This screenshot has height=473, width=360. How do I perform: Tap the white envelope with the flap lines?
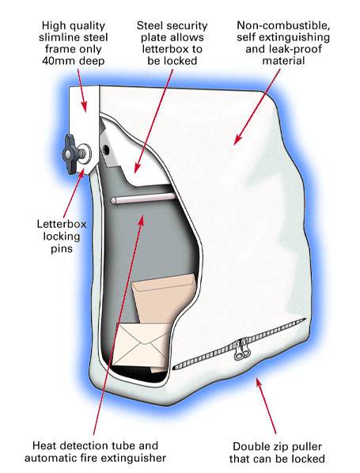[x=142, y=344]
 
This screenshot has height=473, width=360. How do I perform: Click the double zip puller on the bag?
[x=241, y=350]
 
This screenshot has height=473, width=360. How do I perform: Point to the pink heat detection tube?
[x=143, y=199]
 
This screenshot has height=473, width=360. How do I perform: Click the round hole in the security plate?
[x=106, y=149]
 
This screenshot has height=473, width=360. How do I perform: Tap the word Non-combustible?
[x=283, y=25]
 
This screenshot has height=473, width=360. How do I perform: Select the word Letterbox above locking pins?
[x=62, y=224]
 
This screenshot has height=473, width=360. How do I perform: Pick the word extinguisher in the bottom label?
[x=134, y=458]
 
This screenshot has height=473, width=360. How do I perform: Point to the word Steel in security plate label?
[x=150, y=25]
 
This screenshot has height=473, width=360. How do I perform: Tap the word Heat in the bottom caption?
[x=44, y=445]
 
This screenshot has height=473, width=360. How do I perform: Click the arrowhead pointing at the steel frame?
[x=84, y=106]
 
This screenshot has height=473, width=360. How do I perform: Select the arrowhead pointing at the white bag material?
[x=238, y=139]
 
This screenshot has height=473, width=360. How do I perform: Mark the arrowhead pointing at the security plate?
[x=138, y=168]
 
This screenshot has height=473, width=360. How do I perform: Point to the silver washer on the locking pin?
[x=85, y=154]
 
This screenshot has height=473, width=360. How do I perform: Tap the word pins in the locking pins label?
[x=62, y=248]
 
